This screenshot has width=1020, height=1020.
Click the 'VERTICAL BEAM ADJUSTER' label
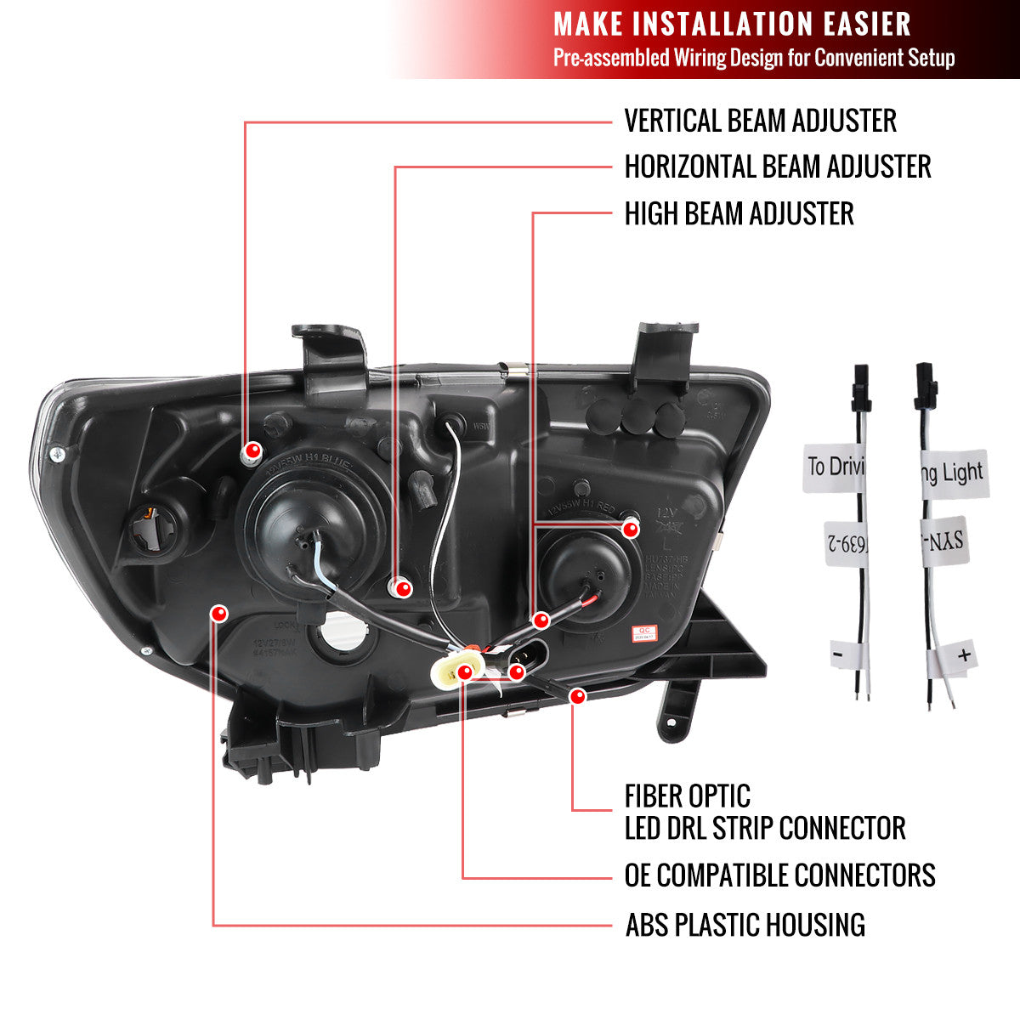click(x=760, y=121)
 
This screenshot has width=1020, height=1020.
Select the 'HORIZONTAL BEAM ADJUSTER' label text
click(x=777, y=167)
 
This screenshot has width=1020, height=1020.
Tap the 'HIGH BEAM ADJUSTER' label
click(x=739, y=213)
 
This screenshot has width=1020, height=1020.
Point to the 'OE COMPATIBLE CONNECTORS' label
click(x=779, y=875)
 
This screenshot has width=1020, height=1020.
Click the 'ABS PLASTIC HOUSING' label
click(x=745, y=925)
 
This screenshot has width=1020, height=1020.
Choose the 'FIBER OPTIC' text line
click(x=687, y=796)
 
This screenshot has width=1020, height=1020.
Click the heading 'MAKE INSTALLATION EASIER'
click(x=732, y=24)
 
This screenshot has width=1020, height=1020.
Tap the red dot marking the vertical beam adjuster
click(x=252, y=450)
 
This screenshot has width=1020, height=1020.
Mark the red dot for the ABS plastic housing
click(x=219, y=613)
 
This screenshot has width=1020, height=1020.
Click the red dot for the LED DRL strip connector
click(x=579, y=697)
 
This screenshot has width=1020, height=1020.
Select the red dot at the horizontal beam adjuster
click(x=404, y=588)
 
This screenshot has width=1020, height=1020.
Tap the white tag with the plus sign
click(x=959, y=657)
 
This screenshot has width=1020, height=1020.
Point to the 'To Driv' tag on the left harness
click(x=833, y=467)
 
